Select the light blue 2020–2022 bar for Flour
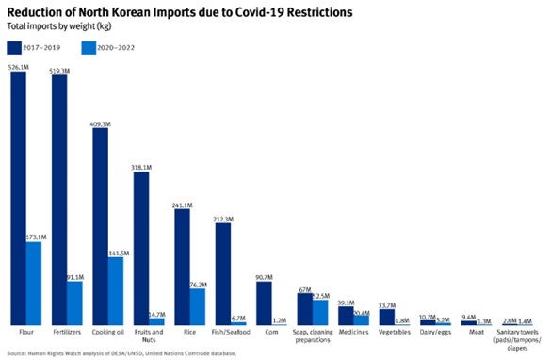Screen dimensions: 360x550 click(x=34, y=284)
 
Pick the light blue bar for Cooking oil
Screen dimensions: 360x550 click(x=116, y=291)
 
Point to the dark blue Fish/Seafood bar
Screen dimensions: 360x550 click(x=223, y=274)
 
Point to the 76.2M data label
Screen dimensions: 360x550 click(x=199, y=284)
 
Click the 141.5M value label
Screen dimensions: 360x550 click(x=117, y=252)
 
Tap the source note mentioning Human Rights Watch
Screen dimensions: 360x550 click(x=122, y=353)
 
